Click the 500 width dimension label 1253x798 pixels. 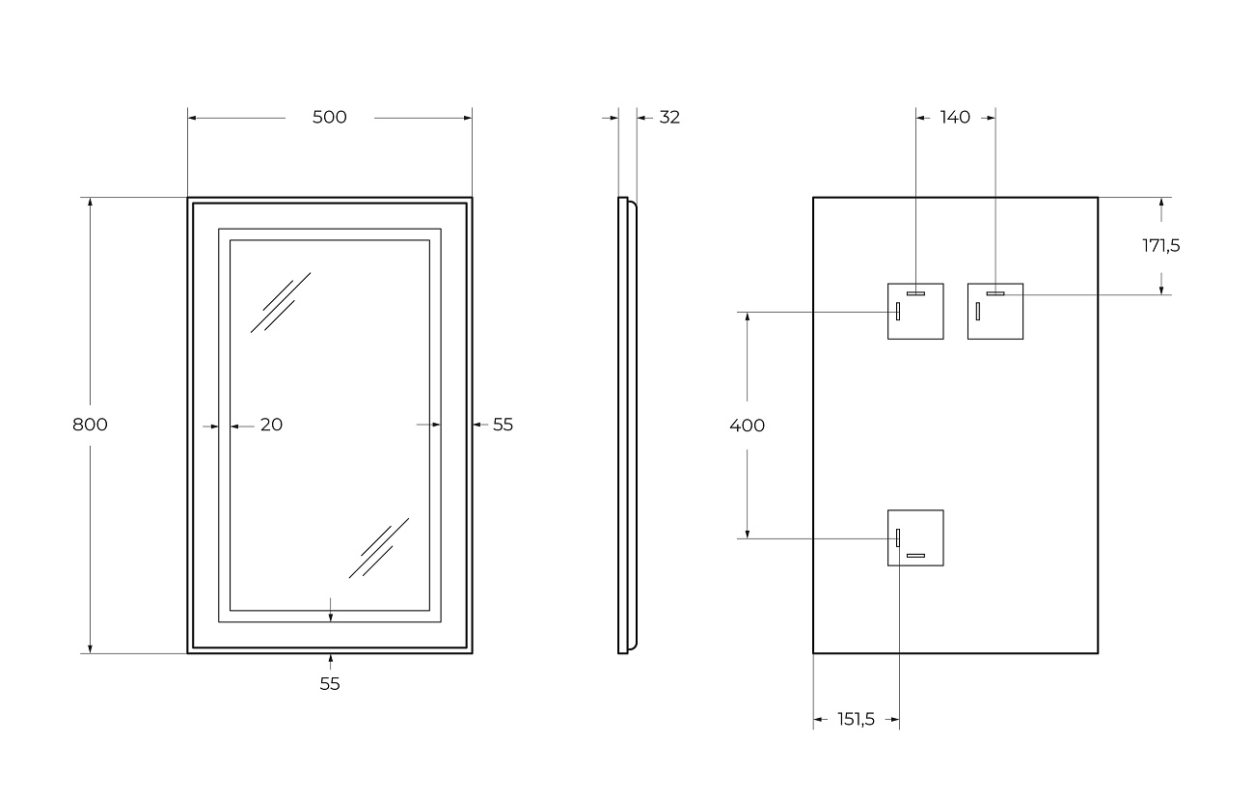coord(329,118)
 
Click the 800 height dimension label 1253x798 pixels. coord(90,425)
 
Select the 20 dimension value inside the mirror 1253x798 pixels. coord(271,425)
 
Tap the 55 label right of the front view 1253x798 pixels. coord(503,425)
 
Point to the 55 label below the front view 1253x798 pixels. coord(330,684)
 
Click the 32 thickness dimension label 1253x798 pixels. coord(669,118)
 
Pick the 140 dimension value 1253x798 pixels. coord(954,118)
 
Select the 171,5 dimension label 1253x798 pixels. coord(1161,245)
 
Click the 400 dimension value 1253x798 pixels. coord(747,426)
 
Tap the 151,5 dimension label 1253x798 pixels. coord(856,719)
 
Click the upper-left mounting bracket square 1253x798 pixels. coord(915,312)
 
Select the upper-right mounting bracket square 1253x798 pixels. coord(995,312)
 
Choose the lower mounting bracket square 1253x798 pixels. coord(915,537)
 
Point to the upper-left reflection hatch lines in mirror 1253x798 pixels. coord(280,302)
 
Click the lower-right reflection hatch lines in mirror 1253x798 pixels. coord(378,548)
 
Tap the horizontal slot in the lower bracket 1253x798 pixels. coord(915,556)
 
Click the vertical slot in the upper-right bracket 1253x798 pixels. coord(977,311)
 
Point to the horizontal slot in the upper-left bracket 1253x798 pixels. coord(915,292)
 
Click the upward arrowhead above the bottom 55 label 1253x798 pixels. coord(330,659)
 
